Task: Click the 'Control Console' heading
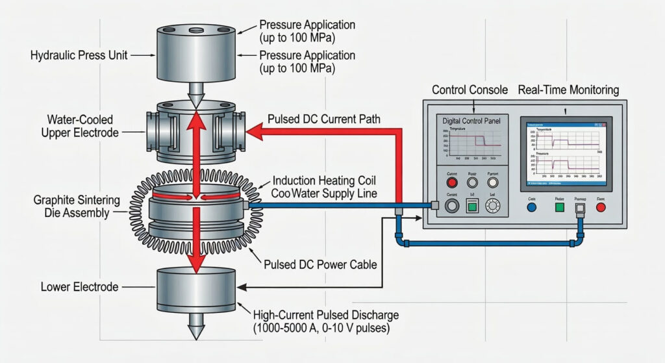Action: click(x=470, y=90)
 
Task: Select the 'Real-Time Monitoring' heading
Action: click(x=569, y=90)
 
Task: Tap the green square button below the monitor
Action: click(x=558, y=208)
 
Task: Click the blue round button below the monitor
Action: click(x=532, y=208)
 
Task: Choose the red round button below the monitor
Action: click(x=600, y=208)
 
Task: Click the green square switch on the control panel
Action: click(x=472, y=207)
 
